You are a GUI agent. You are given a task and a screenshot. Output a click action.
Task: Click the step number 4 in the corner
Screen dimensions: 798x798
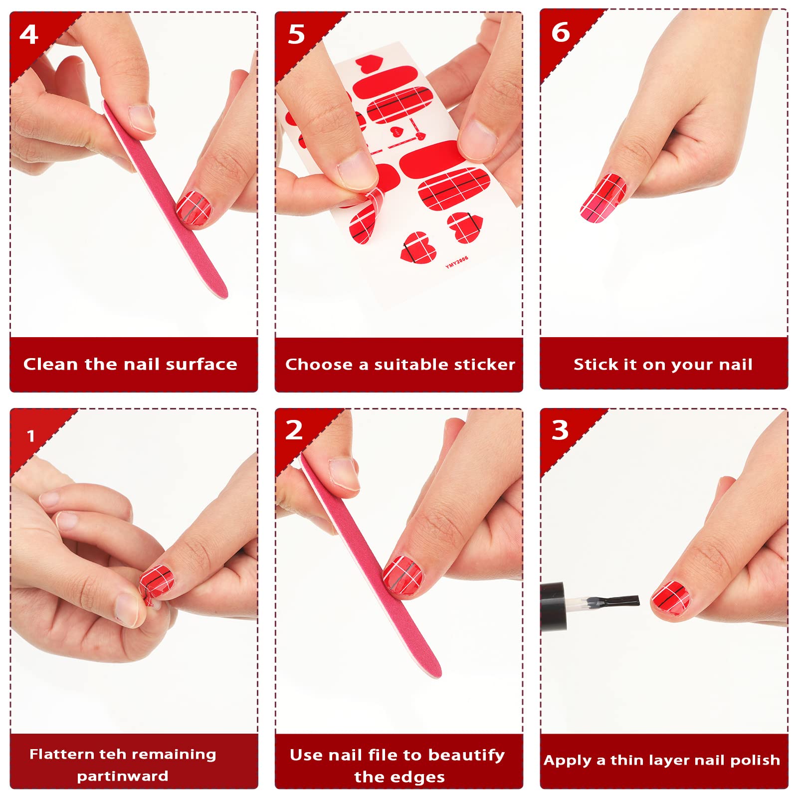click(x=29, y=34)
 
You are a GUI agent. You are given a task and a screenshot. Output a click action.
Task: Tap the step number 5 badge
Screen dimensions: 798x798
click(x=296, y=34)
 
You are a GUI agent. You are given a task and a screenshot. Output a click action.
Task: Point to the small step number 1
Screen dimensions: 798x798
click(x=31, y=436)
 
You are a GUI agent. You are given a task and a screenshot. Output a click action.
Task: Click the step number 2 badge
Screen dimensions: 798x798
click(x=294, y=430)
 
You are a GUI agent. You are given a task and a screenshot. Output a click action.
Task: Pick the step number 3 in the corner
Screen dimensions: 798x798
click(x=560, y=430)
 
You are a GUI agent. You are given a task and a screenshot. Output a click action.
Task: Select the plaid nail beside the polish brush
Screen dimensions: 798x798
click(x=671, y=598)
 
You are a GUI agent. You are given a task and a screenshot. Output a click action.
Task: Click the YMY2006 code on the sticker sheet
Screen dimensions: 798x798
click(x=457, y=262)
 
